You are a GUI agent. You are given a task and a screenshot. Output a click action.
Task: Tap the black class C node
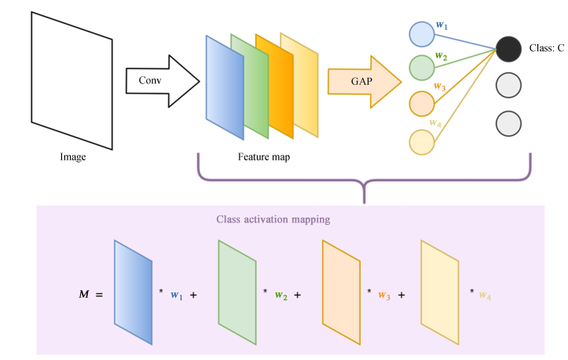pyautogui.click(x=509, y=50)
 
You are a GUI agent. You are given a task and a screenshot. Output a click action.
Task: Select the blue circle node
pyautogui.click(x=422, y=35)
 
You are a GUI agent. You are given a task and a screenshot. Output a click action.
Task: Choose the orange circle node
pyautogui.click(x=422, y=104)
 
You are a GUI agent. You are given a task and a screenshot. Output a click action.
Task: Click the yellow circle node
pyautogui.click(x=422, y=141)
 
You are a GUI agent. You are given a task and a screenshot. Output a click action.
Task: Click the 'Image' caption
pyautogui.click(x=73, y=157)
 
